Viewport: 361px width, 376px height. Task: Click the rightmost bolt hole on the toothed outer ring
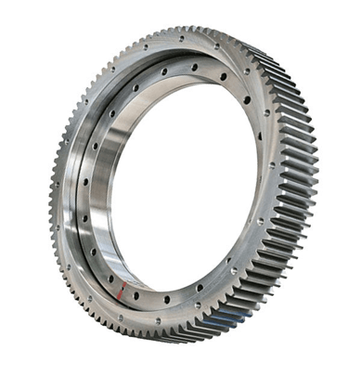pyautogui.click(x=277, y=176)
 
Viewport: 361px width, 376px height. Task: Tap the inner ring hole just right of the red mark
pyautogui.click(x=135, y=296)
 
